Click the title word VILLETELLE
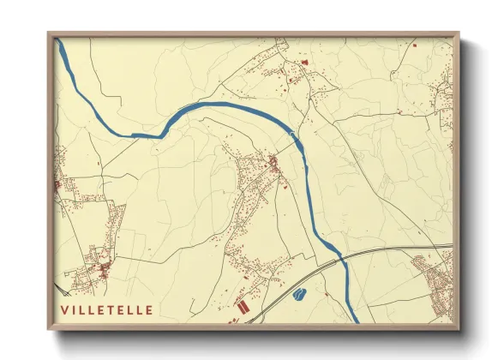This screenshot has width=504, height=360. pyautogui.click(x=107, y=309)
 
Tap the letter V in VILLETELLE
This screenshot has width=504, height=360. pyautogui.click(x=64, y=309)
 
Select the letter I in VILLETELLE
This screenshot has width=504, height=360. pyautogui.click(x=75, y=309)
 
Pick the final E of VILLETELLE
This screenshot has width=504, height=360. pyautogui.click(x=150, y=309)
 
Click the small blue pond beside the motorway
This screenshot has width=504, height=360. pyautogui.click(x=299, y=295)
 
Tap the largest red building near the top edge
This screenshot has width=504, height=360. pyautogui.click(x=303, y=62)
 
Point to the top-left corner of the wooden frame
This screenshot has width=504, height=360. pyautogui.click(x=48, y=33)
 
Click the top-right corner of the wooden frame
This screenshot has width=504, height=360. pyautogui.click(x=459, y=33)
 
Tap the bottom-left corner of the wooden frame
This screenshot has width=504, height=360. pyautogui.click(x=48, y=328)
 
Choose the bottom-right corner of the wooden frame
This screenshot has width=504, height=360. pyautogui.click(x=459, y=328)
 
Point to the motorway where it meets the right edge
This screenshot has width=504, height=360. pyautogui.click(x=451, y=247)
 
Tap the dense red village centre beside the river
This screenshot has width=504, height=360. pyautogui.click(x=273, y=165)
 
